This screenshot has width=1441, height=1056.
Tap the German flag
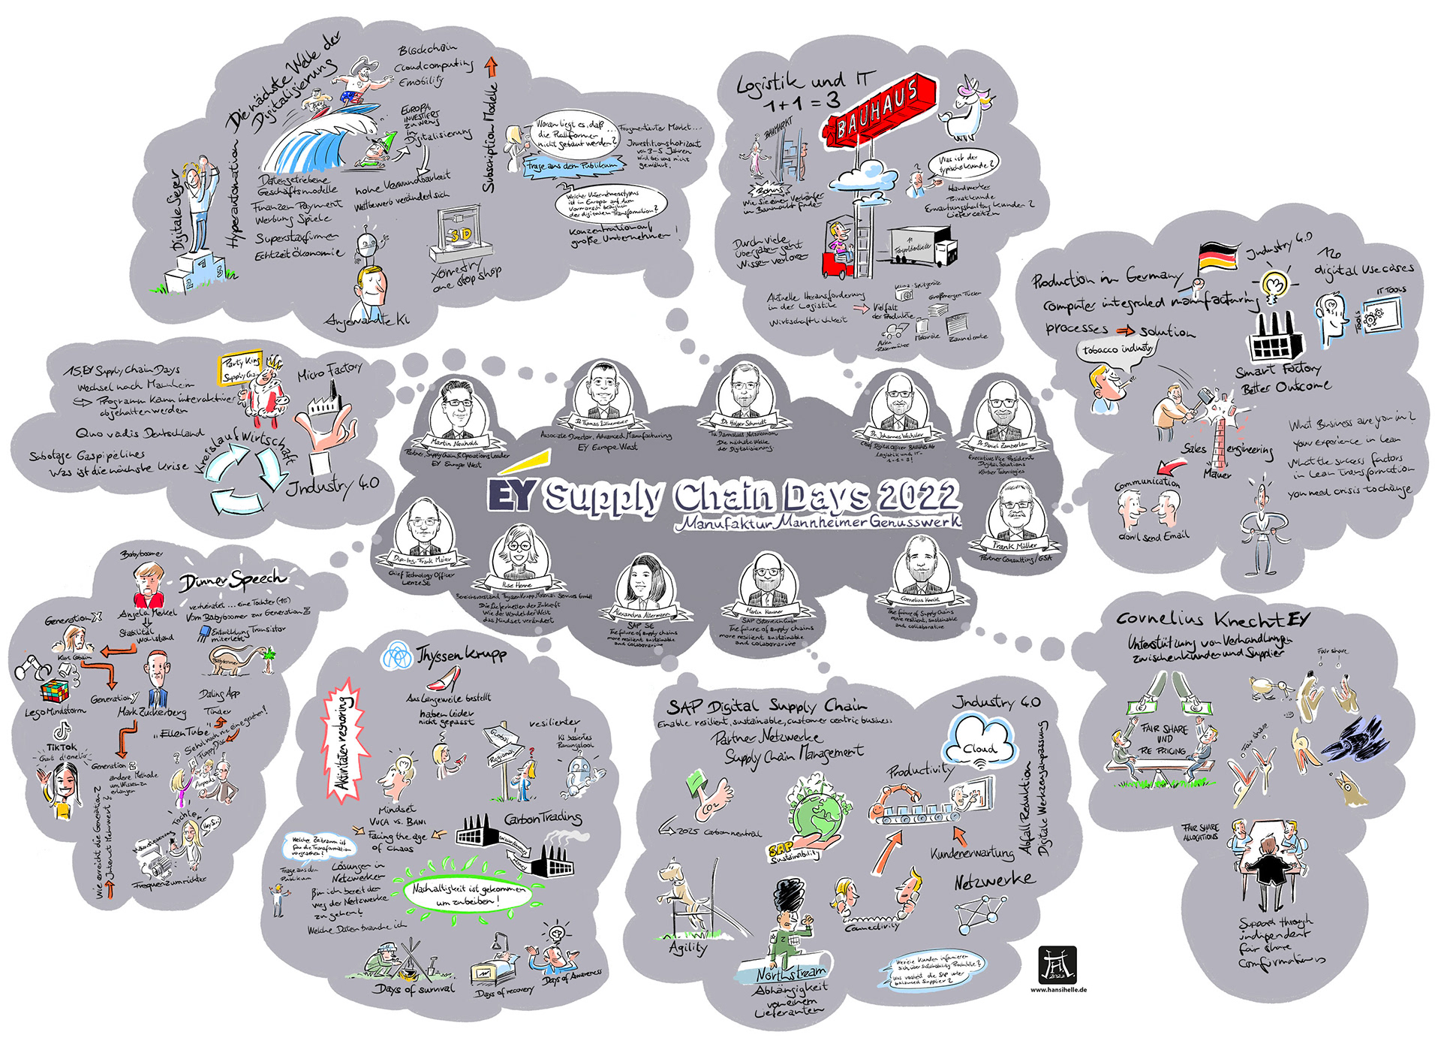(1220, 258)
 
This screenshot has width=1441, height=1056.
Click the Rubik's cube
(53, 692)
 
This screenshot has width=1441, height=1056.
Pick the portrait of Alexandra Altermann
(644, 585)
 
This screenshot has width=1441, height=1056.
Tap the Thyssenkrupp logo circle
(396, 656)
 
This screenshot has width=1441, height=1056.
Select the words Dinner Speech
(233, 581)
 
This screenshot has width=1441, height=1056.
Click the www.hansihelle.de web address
(1058, 990)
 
